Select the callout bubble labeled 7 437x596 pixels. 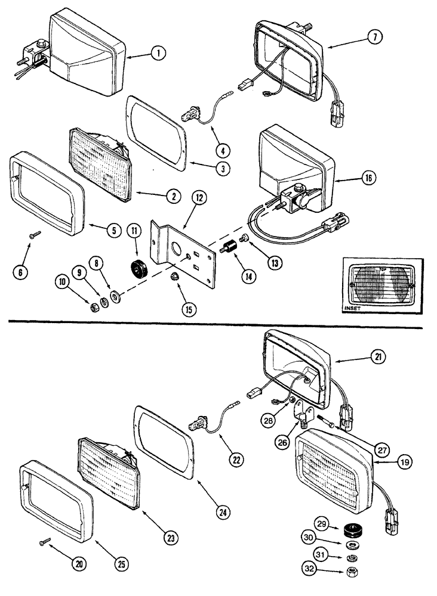tap(374, 37)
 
